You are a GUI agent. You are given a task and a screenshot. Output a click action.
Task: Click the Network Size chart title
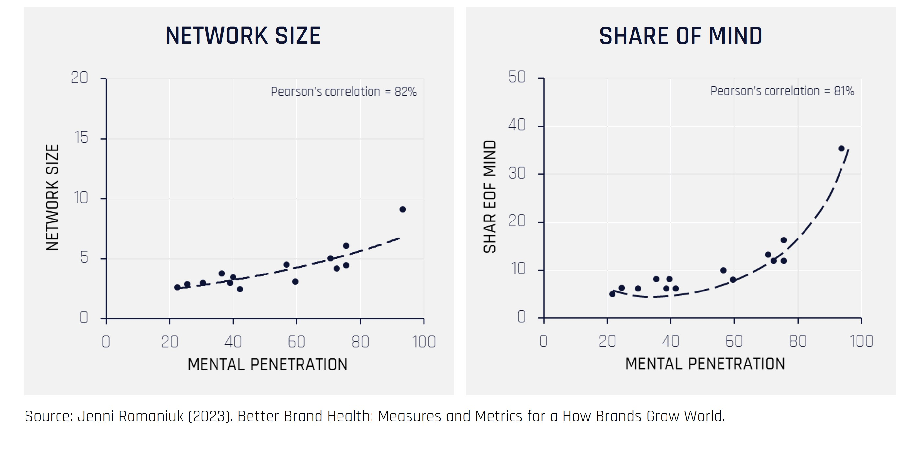243,36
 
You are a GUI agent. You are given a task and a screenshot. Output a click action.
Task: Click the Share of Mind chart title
680,36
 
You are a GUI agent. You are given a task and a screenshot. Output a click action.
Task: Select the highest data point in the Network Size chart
402,209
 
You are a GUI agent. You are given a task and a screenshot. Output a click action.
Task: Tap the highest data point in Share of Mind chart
841,149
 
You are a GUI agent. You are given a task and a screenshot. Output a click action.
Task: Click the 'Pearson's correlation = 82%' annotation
343,92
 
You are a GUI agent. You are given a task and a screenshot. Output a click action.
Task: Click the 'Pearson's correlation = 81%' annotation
782,91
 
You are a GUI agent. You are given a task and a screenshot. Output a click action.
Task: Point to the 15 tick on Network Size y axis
82,137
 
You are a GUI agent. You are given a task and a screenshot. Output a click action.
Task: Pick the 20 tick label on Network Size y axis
79,78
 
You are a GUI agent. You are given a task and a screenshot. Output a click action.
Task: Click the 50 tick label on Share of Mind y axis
517,77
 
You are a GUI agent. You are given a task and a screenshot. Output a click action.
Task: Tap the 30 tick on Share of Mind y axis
517,173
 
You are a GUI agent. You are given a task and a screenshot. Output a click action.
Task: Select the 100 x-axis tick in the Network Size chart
424,342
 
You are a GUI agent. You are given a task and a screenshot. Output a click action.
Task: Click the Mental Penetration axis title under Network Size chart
267,364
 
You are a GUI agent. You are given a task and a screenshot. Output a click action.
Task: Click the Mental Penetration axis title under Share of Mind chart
705,364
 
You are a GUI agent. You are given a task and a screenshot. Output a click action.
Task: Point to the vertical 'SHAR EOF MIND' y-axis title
490,196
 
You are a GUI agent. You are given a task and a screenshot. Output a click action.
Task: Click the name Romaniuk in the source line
151,416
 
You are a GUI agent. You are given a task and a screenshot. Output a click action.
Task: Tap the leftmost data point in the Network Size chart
177,287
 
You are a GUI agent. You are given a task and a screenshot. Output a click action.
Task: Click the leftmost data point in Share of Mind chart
612,294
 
